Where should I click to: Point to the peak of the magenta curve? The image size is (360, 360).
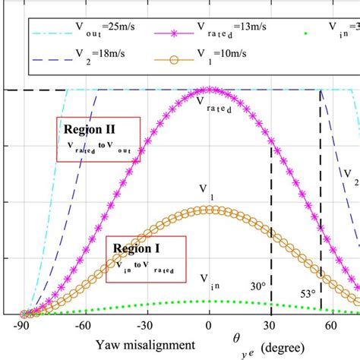click(210, 90)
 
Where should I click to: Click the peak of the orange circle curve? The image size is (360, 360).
click(210, 209)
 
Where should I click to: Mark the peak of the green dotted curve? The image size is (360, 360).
click(210, 302)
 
